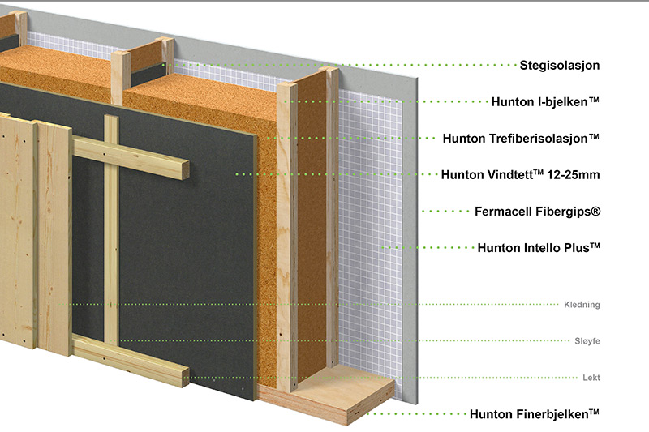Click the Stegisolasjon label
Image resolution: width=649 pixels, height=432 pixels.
click(560, 66)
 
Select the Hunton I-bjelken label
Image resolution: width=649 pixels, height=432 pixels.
click(545, 101)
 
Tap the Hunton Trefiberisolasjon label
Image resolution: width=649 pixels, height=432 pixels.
click(521, 138)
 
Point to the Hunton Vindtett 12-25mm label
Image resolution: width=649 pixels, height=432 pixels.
click(520, 174)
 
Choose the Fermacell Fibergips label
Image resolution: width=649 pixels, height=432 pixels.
click(537, 212)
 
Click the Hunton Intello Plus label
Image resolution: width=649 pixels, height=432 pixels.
click(539, 248)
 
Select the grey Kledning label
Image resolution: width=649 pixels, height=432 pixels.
click(582, 305)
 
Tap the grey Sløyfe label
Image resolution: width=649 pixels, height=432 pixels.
click(587, 341)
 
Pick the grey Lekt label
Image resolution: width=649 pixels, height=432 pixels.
click(591, 378)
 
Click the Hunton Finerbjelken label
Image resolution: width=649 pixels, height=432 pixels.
click(535, 414)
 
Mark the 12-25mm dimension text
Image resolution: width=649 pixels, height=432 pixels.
click(574, 174)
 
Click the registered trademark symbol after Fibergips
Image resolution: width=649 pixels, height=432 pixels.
click(595, 211)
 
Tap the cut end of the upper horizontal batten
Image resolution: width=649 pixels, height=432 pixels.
click(185, 170)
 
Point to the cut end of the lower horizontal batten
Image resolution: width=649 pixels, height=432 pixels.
click(185, 377)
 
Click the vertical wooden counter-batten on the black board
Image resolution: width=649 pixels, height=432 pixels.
click(111, 229)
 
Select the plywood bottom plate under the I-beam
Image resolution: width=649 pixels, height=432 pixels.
click(327, 396)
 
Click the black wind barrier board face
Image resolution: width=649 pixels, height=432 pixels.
click(187, 256)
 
